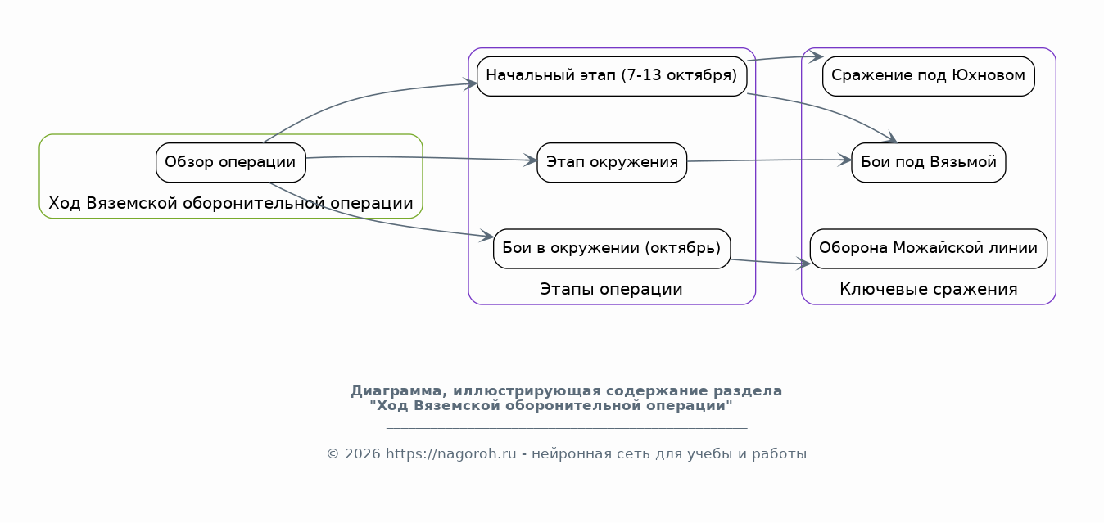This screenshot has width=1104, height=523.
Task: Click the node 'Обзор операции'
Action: (x=231, y=163)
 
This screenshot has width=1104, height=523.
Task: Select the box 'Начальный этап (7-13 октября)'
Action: (x=612, y=76)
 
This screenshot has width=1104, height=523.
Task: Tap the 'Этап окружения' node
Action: (x=612, y=163)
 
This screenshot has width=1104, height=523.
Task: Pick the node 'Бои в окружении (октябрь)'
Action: (x=612, y=249)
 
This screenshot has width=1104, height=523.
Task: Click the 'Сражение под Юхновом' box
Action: (x=929, y=76)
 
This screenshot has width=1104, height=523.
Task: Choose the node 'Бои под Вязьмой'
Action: (x=929, y=163)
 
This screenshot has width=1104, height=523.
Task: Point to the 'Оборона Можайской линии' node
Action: (x=929, y=249)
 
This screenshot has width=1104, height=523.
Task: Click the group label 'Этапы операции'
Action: (x=611, y=289)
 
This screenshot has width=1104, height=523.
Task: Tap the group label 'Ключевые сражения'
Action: (x=929, y=289)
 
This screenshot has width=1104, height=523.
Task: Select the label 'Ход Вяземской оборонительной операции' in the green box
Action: (x=231, y=203)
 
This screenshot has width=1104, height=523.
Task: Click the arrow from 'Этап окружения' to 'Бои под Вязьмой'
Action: (x=769, y=160)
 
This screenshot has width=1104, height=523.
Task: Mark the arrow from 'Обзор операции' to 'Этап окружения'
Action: (x=422, y=158)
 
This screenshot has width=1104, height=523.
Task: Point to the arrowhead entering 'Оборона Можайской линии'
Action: (x=804, y=264)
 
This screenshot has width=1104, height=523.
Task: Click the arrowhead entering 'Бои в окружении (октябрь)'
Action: (x=487, y=236)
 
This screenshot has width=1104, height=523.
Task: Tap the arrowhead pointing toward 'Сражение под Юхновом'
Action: (x=817, y=56)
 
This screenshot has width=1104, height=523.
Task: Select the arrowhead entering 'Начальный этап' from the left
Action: (x=470, y=83)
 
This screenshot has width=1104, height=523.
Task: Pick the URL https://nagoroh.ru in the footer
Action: (x=451, y=454)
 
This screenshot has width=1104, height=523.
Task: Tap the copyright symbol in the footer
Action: (x=333, y=454)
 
